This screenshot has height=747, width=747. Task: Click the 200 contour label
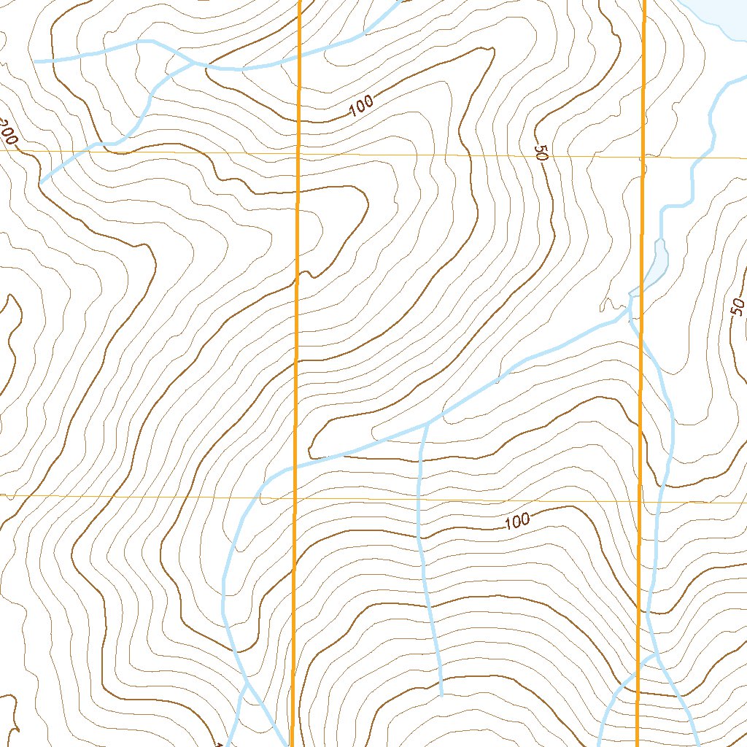(x=9, y=133)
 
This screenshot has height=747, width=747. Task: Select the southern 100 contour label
(x=516, y=521)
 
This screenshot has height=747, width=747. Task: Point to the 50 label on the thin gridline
(x=541, y=152)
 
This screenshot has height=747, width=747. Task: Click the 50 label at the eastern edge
(x=738, y=307)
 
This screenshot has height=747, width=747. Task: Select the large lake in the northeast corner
(x=719, y=15)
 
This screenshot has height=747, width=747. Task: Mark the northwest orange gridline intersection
(x=298, y=154)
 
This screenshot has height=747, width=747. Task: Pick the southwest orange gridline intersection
(x=294, y=499)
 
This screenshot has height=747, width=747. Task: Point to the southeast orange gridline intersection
(x=640, y=502)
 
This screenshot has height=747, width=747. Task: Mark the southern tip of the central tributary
(x=441, y=694)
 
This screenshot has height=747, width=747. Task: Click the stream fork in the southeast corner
(x=655, y=655)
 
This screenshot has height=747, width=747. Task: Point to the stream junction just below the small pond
(x=630, y=306)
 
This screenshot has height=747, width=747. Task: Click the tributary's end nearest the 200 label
(x=41, y=182)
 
